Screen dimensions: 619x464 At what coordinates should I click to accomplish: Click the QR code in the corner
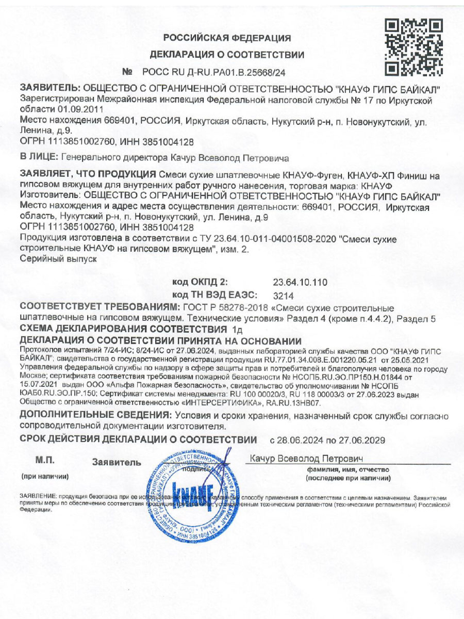pyautogui.click(x=414, y=46)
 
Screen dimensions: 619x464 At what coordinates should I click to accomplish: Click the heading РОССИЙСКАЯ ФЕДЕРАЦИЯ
pyautogui.click(x=227, y=38)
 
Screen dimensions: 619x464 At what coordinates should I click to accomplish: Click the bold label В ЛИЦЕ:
pyautogui.click(x=39, y=157)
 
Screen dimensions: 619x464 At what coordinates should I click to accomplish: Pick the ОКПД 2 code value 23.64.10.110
pyautogui.click(x=300, y=282)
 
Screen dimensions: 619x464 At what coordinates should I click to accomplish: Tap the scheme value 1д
pyautogui.click(x=237, y=330)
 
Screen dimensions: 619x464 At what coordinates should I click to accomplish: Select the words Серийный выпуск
pyautogui.click(x=58, y=260)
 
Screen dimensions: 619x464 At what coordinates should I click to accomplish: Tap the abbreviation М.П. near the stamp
pyautogui.click(x=45, y=460)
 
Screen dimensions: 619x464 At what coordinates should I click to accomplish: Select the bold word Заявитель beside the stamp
pyautogui.click(x=117, y=463)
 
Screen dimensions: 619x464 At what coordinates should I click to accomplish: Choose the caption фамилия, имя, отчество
pyautogui.click(x=347, y=470)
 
